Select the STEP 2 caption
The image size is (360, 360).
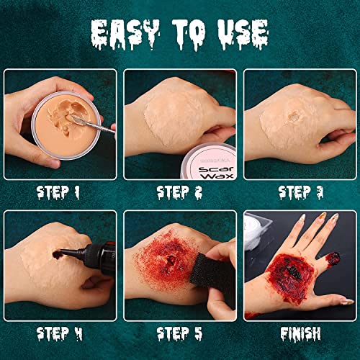(181, 192)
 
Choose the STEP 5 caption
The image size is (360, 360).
(181, 333)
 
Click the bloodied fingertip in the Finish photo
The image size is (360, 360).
(334, 257)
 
